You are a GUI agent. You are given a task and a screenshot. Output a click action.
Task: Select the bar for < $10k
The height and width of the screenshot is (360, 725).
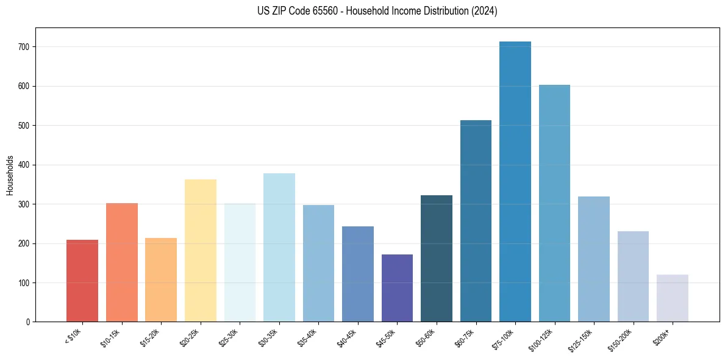82,281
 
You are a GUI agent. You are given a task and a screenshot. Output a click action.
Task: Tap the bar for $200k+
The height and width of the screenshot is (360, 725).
673,298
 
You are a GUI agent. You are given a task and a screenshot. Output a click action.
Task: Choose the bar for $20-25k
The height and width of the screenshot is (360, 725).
201,250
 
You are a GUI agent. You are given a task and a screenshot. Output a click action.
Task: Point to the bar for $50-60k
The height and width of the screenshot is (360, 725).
437,259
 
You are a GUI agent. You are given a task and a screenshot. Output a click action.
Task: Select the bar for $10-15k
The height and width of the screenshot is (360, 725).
122,262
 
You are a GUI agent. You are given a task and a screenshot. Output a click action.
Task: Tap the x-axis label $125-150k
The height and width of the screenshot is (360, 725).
582,339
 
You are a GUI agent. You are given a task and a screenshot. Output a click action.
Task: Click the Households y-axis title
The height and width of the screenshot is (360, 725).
10,175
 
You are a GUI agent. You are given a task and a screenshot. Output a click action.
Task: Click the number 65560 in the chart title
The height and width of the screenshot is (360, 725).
326,11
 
